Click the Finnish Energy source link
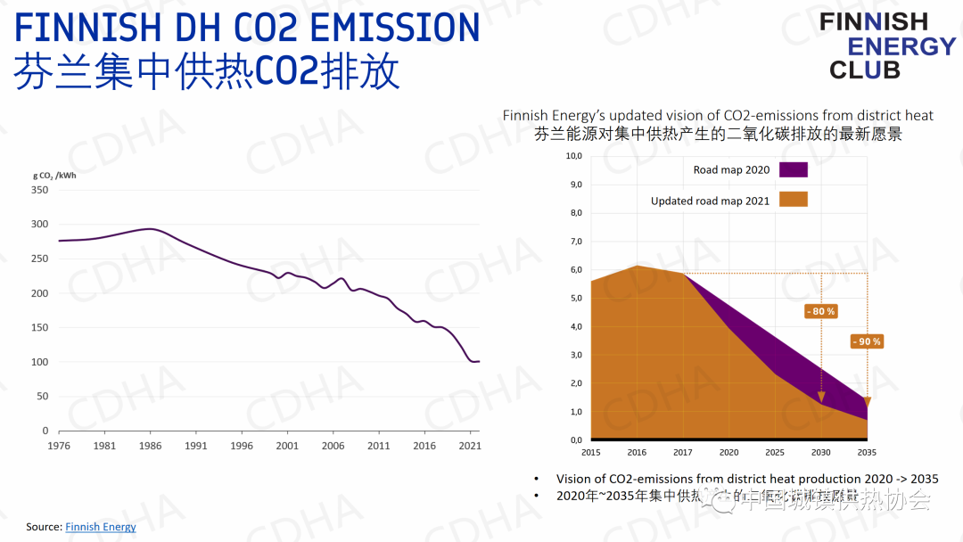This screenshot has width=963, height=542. tap(101, 527)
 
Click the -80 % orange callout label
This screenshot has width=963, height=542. tap(820, 311)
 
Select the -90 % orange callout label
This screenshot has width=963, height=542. tap(866, 341)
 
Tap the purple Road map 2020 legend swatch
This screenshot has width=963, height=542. tap(793, 170)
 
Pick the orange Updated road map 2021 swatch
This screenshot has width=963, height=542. tap(793, 200)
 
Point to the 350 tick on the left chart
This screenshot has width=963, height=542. tap(40, 190)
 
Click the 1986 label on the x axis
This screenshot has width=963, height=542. tap(152, 446)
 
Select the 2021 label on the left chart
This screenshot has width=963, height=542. tap(470, 446)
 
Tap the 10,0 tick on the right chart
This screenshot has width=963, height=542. tap(574, 157)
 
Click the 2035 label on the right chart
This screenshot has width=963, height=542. tap(867, 453)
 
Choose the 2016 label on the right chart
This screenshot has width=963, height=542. tap(637, 453)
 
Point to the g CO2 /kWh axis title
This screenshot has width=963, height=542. tap(54, 175)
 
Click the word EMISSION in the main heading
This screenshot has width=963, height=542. tap(393, 29)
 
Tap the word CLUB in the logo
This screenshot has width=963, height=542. tap(865, 70)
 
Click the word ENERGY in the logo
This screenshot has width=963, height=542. tap(901, 46)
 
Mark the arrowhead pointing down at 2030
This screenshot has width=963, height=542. tap(821, 397)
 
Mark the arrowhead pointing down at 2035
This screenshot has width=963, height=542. tap(867, 402)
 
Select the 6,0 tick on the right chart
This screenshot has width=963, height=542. tap(574, 270)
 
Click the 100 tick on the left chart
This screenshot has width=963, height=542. tap(40, 362)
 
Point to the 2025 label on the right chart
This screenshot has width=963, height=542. tap(775, 453)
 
